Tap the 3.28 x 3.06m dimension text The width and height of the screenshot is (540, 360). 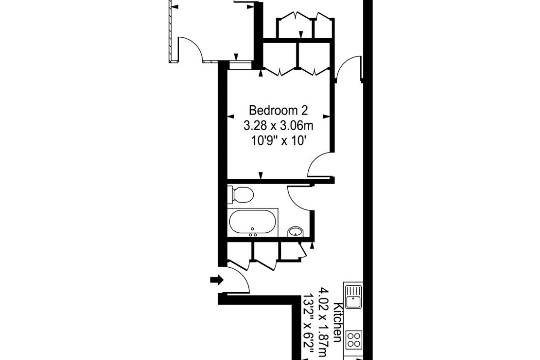pyautogui.click(x=278, y=126)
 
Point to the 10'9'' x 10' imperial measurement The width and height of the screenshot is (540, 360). pyautogui.click(x=279, y=141)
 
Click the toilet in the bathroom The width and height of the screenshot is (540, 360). pyautogui.click(x=241, y=194)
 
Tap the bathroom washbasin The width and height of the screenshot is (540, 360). pyautogui.click(x=295, y=231)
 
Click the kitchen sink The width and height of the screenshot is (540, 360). pyautogui.click(x=353, y=297)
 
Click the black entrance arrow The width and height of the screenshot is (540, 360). pyautogui.click(x=217, y=280)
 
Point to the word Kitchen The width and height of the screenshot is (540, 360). pyautogui.click(x=339, y=323)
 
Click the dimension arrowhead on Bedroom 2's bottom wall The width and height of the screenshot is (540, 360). pyautogui.click(x=261, y=175)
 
